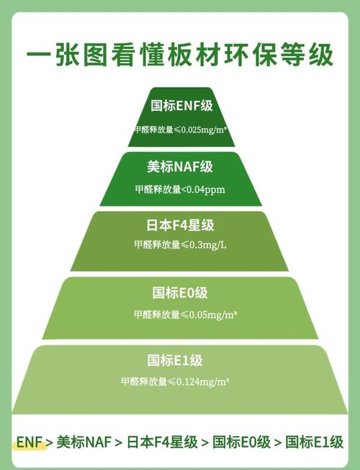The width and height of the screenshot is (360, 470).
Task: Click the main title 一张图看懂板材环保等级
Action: (180, 55)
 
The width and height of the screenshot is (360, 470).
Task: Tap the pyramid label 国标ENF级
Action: (181, 106)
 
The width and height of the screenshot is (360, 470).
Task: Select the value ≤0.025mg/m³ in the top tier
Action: (200, 130)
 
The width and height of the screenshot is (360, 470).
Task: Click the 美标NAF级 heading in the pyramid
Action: (180, 166)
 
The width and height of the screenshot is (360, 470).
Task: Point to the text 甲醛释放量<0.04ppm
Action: (180, 189)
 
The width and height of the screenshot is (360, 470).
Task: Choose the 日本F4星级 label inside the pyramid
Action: (180, 225)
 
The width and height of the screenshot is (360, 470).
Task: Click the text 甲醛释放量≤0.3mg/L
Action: (180, 245)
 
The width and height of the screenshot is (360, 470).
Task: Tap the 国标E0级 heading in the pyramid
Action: (180, 293)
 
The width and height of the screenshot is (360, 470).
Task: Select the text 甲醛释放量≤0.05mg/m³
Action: (186, 315)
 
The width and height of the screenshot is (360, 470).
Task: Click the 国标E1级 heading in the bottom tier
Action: (175, 361)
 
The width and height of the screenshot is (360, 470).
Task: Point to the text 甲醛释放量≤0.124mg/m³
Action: (176, 382)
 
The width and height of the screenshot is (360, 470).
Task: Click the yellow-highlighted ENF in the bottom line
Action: (29, 442)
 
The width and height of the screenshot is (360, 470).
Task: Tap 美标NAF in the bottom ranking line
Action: (84, 442)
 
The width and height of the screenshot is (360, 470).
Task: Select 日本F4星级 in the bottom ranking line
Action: (162, 442)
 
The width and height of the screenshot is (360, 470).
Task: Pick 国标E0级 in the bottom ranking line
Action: (242, 442)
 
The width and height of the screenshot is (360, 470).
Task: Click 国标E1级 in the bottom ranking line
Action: (314, 442)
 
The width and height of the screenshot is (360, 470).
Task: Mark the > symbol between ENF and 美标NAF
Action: (50, 443)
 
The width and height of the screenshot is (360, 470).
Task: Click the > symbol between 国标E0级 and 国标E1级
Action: (278, 443)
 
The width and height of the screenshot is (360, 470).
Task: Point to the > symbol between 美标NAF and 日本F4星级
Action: (119, 443)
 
